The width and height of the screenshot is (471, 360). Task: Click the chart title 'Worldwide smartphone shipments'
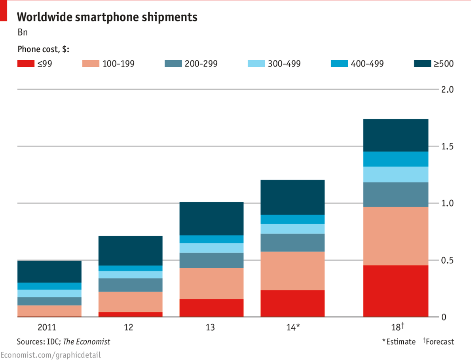[x=107, y=17]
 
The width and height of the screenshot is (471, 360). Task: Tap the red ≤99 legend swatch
[x=28, y=63]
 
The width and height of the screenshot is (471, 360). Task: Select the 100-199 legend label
[x=118, y=63]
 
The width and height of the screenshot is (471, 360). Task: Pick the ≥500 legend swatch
[x=425, y=63]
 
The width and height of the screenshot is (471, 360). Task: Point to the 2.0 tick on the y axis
[x=447, y=89]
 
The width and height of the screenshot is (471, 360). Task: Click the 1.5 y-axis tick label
[x=447, y=147]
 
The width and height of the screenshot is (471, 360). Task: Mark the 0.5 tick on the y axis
[x=447, y=260]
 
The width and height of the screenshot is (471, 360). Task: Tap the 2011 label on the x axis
[x=47, y=328]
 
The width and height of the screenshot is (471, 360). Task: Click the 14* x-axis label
[x=292, y=328]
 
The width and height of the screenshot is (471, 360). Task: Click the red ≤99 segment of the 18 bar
[x=396, y=291]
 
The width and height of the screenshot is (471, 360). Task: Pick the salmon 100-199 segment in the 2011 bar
[x=49, y=311]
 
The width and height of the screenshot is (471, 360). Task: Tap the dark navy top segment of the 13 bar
[x=211, y=218]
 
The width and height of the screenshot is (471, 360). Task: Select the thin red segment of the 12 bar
[x=131, y=315]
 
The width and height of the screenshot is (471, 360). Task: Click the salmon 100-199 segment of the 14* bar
[x=292, y=271]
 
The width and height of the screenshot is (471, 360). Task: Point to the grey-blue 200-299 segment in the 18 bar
[x=396, y=194]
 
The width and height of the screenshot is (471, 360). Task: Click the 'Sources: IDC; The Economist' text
[x=63, y=341]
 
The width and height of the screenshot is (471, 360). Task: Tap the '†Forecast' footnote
[x=439, y=341]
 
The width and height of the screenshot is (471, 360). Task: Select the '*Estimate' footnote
[x=399, y=341]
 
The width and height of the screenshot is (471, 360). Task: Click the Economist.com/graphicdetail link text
[x=51, y=355]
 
